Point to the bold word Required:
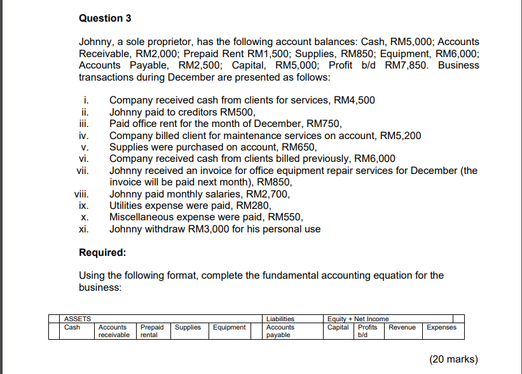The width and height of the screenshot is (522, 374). (102, 252)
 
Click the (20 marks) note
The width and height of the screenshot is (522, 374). (453, 359)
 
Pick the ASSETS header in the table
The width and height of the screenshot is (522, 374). (78, 319)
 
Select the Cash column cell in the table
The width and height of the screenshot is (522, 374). (72, 328)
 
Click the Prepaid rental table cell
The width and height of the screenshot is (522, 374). (152, 331)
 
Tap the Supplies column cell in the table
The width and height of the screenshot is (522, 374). (188, 328)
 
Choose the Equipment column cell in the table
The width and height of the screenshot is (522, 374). (230, 328)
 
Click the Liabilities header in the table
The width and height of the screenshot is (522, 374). (280, 319)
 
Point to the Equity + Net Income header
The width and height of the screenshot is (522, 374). (358, 319)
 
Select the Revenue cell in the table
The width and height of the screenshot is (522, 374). (402, 328)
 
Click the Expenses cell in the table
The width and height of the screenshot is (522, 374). (441, 328)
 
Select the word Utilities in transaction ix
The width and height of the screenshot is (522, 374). (126, 205)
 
